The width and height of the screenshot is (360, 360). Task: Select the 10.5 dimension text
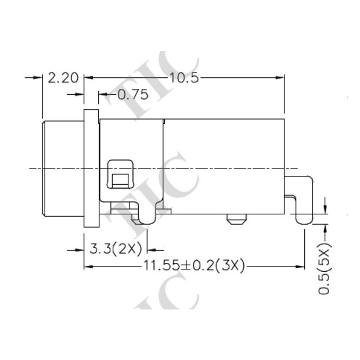(x=183, y=78)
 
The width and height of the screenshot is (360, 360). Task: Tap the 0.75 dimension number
(x=132, y=95)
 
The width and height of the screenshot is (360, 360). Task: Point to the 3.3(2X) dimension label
(x=116, y=250)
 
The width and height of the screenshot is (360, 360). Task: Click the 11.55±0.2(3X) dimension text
(x=194, y=267)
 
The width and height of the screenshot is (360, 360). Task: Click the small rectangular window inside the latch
(x=120, y=179)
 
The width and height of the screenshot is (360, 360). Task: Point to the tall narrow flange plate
(x=91, y=168)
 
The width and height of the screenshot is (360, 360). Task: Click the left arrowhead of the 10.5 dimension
(x=89, y=78)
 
